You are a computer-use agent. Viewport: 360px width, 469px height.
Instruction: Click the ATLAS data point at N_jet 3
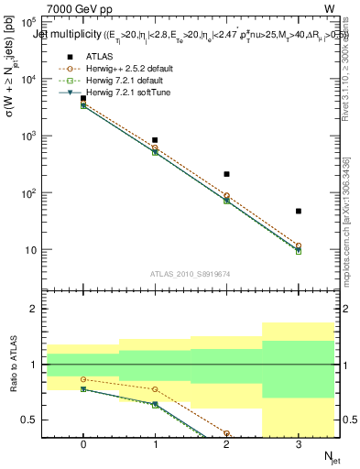[299, 212]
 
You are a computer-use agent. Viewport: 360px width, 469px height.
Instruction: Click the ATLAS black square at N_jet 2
[226, 174]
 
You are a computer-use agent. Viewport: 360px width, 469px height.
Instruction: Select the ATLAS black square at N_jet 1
[155, 140]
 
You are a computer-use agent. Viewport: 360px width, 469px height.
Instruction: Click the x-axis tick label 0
[83, 444]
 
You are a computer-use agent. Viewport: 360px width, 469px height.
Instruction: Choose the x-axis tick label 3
[299, 444]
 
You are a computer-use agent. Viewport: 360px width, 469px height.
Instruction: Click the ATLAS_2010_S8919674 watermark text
[191, 273]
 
